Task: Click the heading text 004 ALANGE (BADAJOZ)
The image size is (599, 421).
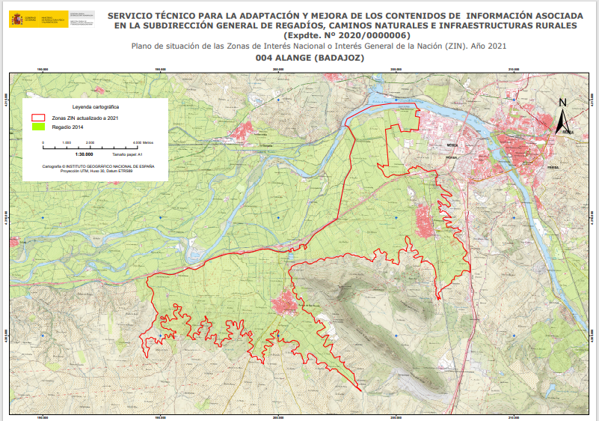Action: [310, 58]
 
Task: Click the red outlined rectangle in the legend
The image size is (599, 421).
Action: [38, 118]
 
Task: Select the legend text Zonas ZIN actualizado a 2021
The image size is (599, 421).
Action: [85, 118]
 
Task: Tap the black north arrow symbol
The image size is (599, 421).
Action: [563, 120]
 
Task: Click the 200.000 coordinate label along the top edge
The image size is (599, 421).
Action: [278, 70]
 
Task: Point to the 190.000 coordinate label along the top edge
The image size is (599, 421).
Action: [42, 70]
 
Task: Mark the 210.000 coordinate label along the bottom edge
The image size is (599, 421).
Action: [514, 417]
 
